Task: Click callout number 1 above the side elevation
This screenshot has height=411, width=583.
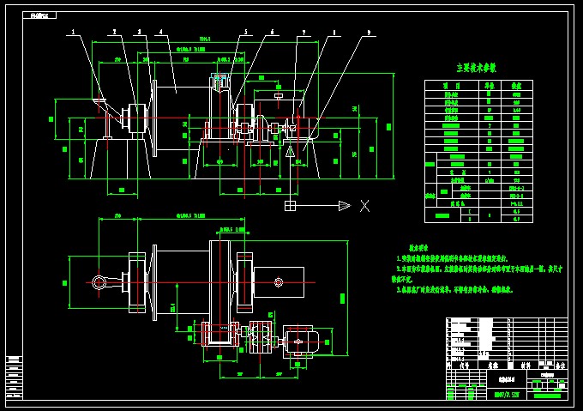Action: coord(74,33)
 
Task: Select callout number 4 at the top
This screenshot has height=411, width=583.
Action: coord(160,33)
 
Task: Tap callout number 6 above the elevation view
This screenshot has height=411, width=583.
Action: coord(273,33)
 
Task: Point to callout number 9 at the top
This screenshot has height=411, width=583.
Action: coord(369,33)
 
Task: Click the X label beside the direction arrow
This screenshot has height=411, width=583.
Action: coord(364,205)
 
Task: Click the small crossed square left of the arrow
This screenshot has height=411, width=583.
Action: coord(291,205)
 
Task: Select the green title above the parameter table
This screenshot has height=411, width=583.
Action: coord(476,67)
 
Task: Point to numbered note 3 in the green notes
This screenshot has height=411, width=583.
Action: coord(454,289)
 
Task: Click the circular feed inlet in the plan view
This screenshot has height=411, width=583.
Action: coord(99,282)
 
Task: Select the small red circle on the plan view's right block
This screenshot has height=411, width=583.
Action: coord(279,282)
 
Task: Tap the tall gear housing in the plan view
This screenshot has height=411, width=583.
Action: coord(221,283)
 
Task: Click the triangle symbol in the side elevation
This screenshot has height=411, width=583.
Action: coord(291,149)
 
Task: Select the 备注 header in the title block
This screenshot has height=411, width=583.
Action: coord(559,365)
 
